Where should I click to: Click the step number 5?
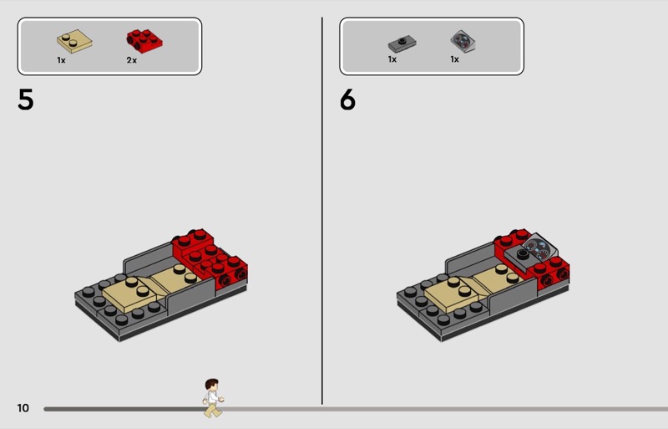click(x=26, y=100)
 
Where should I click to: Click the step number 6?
click(x=347, y=100)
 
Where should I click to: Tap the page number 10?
click(x=23, y=408)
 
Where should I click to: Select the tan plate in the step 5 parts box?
click(x=74, y=41)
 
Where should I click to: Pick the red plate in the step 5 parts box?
click(x=144, y=42)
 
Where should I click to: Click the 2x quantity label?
click(x=132, y=60)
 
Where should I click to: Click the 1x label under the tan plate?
click(x=61, y=60)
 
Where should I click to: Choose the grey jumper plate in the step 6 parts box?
click(x=402, y=43)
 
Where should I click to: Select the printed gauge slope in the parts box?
click(x=463, y=42)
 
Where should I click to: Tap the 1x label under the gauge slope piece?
click(x=454, y=59)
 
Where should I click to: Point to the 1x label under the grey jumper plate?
click(x=392, y=59)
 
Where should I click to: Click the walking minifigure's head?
click(x=212, y=385)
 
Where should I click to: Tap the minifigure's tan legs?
click(x=213, y=410)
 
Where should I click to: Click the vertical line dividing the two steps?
click(x=322, y=211)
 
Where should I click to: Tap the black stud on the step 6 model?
click(x=523, y=254)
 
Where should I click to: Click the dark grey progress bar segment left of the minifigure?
click(x=124, y=409)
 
